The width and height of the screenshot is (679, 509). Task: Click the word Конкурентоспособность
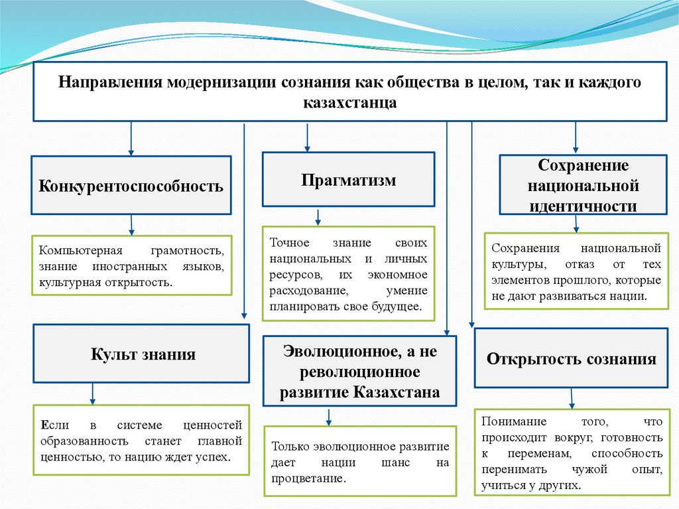pyautogui.click(x=131, y=185)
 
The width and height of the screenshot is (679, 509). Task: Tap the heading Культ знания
pyautogui.click(x=143, y=354)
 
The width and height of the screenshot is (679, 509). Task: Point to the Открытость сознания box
pyautogui.click(x=571, y=359)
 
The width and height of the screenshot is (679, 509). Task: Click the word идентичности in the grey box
pyautogui.click(x=583, y=206)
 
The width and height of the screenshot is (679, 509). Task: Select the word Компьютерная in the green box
pyautogui.click(x=72, y=252)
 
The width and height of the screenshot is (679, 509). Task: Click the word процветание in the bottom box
pyautogui.click(x=308, y=478)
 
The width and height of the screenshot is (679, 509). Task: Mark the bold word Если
pyautogui.click(x=50, y=425)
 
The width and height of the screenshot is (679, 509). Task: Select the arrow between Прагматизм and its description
pyautogui.click(x=318, y=217)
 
